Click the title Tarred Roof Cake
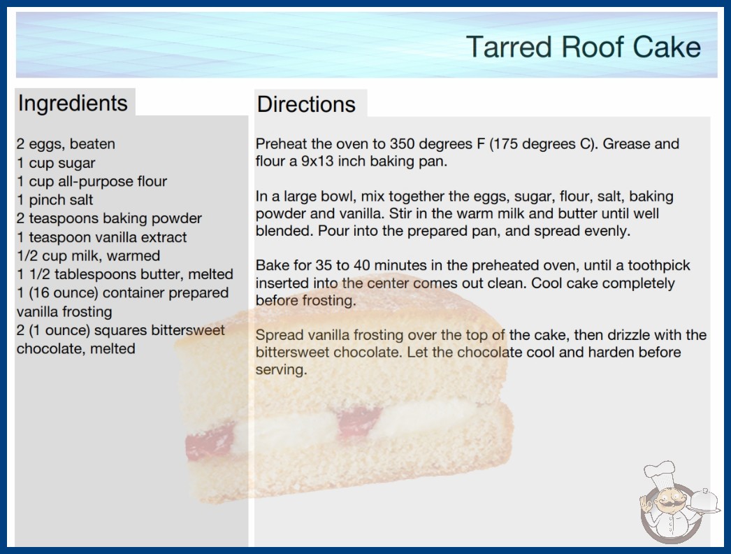click(584, 47)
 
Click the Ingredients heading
click(73, 104)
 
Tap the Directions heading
click(306, 104)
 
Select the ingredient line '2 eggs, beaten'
click(66, 144)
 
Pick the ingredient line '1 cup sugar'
click(56, 163)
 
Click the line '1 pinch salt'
click(55, 200)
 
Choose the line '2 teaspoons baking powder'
click(109, 218)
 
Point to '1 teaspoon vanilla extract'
click(101, 237)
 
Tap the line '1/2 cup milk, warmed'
click(88, 256)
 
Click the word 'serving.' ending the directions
click(281, 370)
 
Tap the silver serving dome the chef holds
click(704, 501)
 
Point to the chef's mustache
click(670, 506)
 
